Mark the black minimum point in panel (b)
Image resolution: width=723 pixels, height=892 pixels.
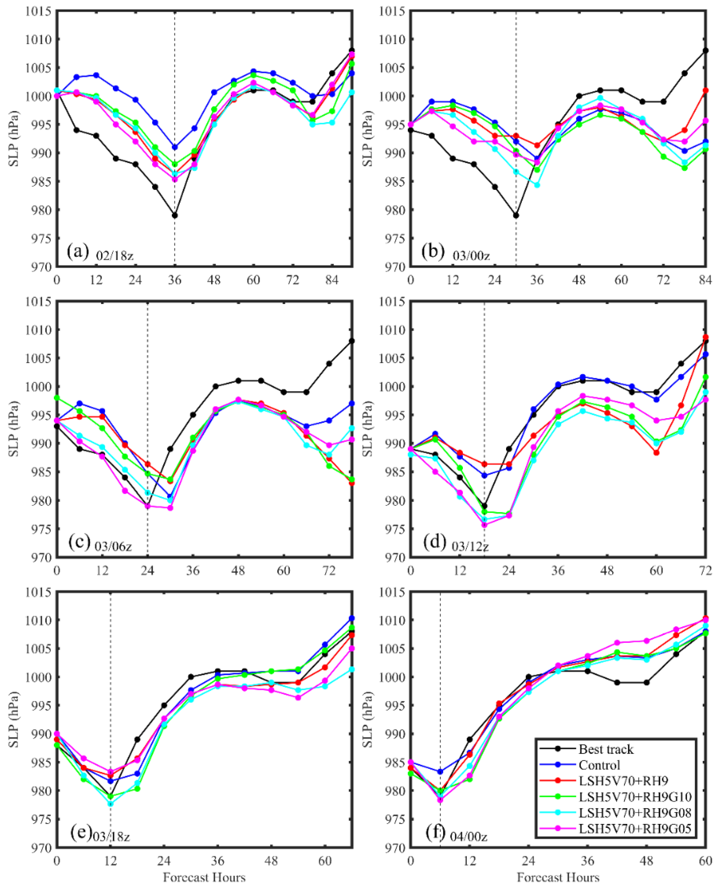[516, 215]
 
